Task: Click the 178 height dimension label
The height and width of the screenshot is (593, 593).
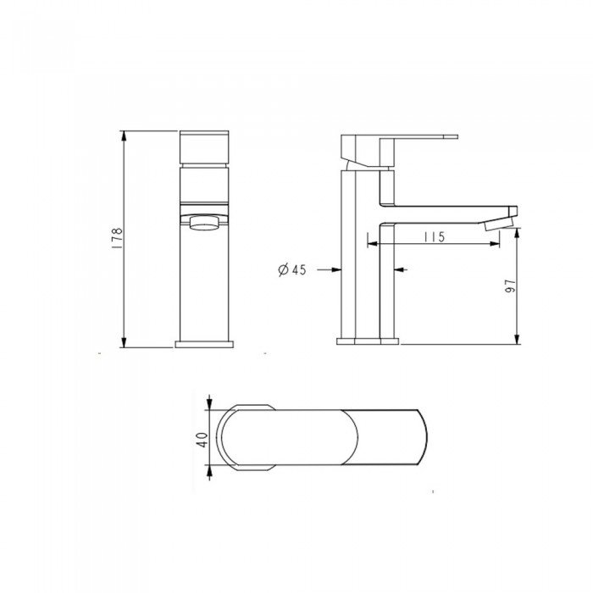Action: pyautogui.click(x=117, y=238)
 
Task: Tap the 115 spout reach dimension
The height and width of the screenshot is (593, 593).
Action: pyautogui.click(x=434, y=237)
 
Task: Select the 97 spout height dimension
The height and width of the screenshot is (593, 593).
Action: pyautogui.click(x=510, y=287)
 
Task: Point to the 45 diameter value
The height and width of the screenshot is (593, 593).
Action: pyautogui.click(x=298, y=269)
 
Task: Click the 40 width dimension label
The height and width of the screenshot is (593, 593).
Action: pyautogui.click(x=202, y=440)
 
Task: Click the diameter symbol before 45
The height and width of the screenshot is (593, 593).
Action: pyautogui.click(x=283, y=269)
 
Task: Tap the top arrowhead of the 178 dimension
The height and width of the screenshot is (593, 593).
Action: pyautogui.click(x=123, y=136)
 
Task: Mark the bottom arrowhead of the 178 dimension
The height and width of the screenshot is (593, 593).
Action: pyautogui.click(x=123, y=342)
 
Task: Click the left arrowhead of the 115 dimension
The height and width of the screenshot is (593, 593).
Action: pyautogui.click(x=373, y=244)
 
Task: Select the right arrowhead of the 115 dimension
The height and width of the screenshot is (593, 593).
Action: pyautogui.click(x=494, y=244)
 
